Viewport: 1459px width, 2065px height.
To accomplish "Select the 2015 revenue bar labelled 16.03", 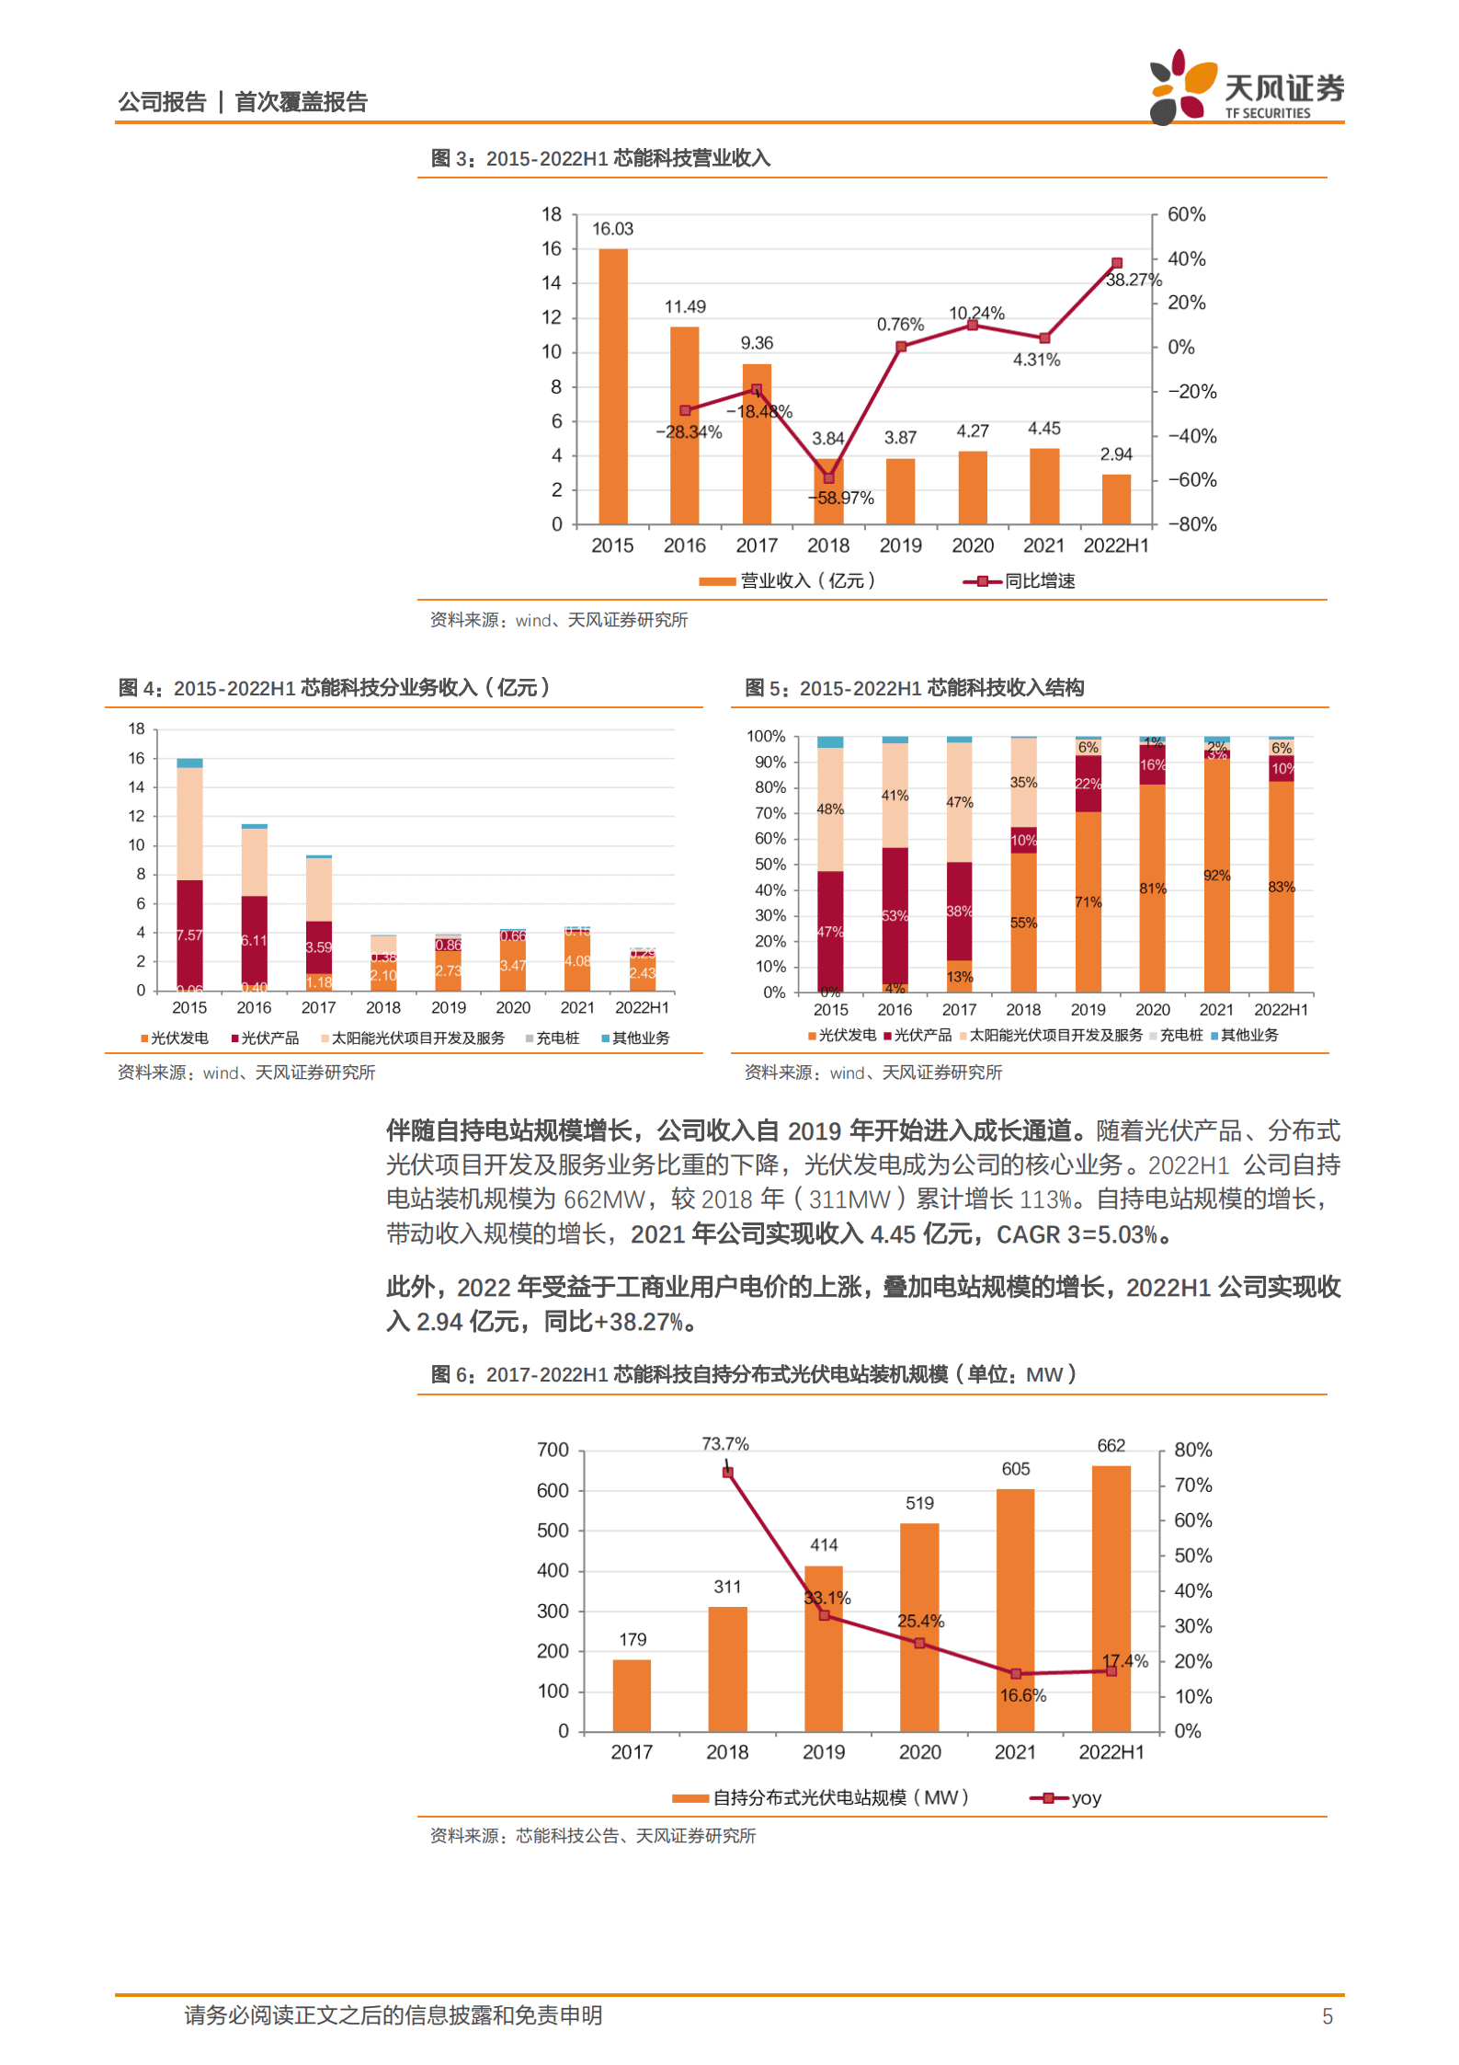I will (x=612, y=386).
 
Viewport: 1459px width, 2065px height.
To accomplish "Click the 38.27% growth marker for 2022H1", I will (x=1116, y=263).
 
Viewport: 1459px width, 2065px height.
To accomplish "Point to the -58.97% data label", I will (x=842, y=498).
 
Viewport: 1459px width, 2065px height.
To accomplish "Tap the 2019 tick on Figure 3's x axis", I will (x=900, y=545).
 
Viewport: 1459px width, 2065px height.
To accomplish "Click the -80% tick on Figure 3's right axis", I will (x=1191, y=524).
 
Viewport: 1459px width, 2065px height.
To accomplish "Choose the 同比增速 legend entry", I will (x=1020, y=581).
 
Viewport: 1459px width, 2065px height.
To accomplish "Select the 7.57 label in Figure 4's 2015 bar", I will (x=189, y=935).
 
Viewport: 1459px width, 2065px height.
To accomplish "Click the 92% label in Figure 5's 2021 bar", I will (x=1216, y=875).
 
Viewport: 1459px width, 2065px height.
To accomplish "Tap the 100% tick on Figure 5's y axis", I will (x=766, y=737).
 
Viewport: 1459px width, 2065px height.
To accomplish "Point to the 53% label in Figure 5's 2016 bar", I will (x=895, y=915).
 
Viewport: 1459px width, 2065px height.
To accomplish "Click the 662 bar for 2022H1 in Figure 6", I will (x=1111, y=1600).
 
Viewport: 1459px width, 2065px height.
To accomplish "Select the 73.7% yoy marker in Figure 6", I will (x=727, y=1473).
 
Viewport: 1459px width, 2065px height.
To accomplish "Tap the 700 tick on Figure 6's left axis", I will (x=553, y=1451).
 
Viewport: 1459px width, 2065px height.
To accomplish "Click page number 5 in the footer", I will (x=1327, y=2017).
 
